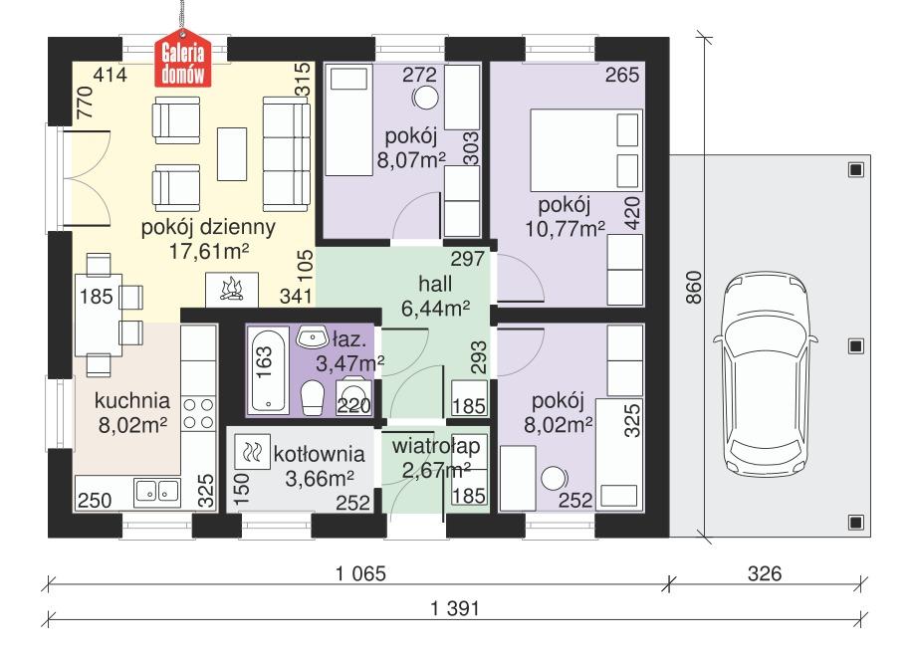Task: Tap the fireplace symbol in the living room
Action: pos(231,289)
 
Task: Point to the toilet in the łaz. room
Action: pos(312,397)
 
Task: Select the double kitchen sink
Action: pos(155,491)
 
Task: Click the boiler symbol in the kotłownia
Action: pos(250,454)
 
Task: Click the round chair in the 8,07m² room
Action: pos(425,98)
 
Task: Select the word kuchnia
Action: pos(131,401)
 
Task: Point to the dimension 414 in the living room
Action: pos(111,75)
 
